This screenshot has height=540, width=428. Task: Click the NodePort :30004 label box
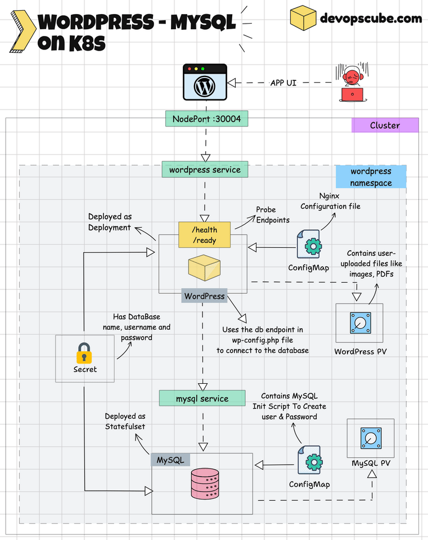[x=206, y=119]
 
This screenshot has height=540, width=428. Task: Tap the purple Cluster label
[x=385, y=125]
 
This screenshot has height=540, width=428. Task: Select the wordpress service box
[x=205, y=169]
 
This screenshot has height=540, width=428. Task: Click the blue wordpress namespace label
[x=371, y=176]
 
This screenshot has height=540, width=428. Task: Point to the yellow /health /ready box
[x=205, y=235]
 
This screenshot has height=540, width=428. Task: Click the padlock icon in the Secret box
[x=84, y=353]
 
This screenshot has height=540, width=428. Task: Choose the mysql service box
[x=202, y=398]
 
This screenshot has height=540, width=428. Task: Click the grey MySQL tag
[x=170, y=460]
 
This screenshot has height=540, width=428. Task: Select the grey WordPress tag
[x=204, y=296]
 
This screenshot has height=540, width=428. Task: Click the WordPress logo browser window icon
[x=204, y=84]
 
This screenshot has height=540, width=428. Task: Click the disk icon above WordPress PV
[x=359, y=323]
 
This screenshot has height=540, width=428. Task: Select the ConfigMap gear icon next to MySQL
[x=309, y=461]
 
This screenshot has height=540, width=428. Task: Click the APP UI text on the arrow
[x=283, y=83]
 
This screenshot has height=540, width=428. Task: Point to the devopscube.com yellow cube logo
[x=303, y=18]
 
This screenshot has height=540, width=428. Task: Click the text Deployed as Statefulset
[x=125, y=421]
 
